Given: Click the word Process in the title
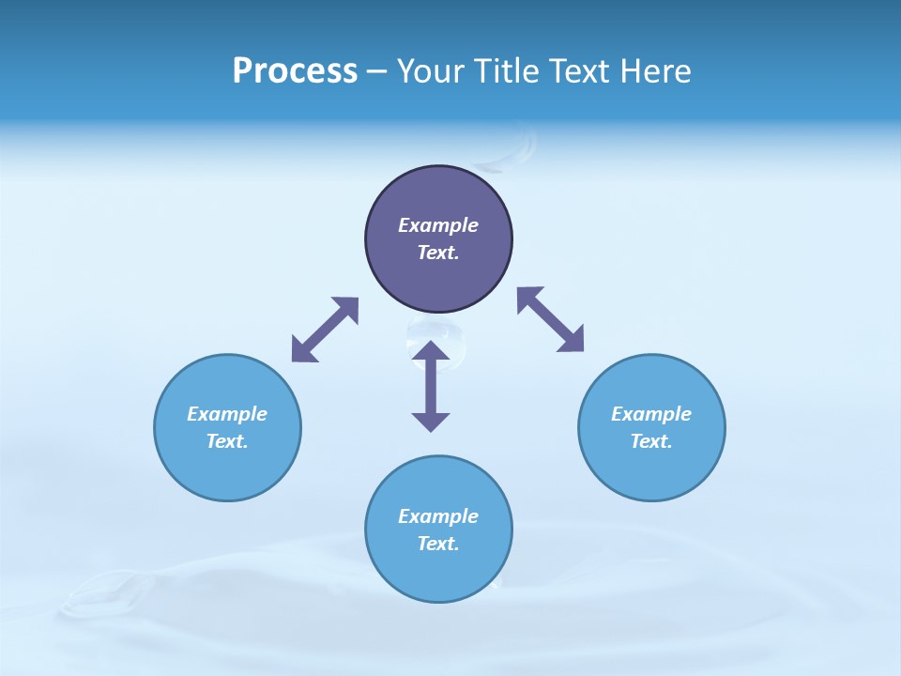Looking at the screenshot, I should tap(295, 71).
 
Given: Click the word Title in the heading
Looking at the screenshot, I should tap(508, 71).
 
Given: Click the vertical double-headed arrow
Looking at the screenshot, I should tap(431, 386).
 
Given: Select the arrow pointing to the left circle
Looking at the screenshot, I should tap(325, 330).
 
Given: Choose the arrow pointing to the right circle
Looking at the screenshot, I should tap(551, 319).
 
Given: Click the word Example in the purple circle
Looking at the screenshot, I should tap(438, 225).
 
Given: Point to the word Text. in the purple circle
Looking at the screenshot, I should tap(438, 253).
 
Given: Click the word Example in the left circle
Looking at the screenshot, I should tap(227, 414).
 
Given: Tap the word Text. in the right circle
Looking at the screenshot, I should tap(651, 441).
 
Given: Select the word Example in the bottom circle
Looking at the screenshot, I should tap(438, 516).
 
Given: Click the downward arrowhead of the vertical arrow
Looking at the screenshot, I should tap(431, 421).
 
